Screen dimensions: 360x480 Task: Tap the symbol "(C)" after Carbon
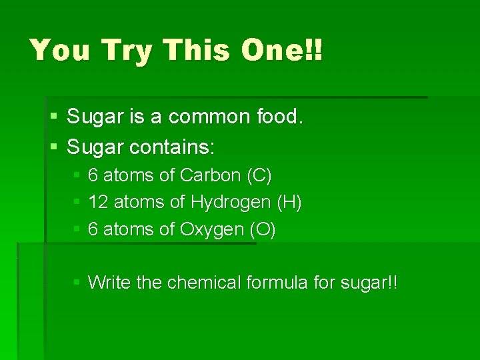tap(259, 175)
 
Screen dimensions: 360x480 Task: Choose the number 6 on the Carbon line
tap(93, 175)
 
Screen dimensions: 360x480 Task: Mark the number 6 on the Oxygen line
tap(93, 229)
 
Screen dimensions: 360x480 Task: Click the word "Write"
tap(109, 283)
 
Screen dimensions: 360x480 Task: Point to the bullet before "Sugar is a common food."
tap(53, 117)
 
